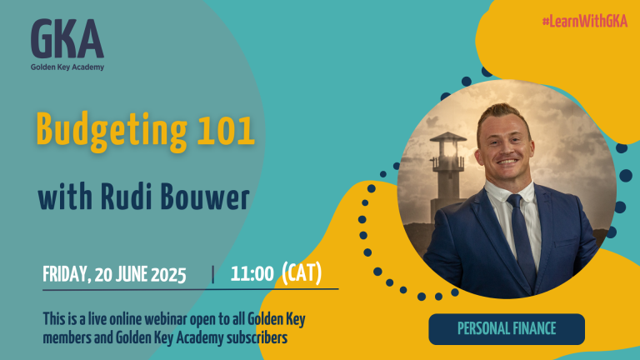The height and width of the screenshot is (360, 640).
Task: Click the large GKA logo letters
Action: [67, 39]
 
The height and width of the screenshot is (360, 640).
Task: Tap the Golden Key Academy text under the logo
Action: [67, 67]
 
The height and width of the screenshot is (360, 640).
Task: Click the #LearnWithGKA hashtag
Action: [584, 21]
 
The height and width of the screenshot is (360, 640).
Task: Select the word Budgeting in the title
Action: [112, 131]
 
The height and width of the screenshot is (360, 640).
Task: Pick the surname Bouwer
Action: [205, 197]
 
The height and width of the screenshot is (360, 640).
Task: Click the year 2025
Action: [168, 275]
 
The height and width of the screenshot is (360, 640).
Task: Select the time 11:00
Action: [252, 273]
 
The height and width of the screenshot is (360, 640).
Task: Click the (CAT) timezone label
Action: [302, 272]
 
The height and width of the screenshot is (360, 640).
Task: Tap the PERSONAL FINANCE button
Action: [507, 329]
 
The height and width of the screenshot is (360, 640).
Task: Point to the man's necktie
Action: [522, 241]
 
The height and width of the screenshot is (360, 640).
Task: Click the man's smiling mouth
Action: [507, 161]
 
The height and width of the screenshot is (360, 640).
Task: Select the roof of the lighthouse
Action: [447, 137]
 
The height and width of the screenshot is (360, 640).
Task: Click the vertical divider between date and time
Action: [212, 274]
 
